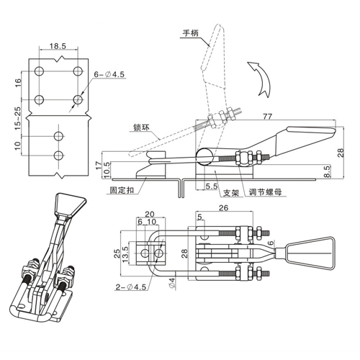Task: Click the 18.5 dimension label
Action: tap(58, 45)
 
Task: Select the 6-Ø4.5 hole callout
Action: tap(109, 74)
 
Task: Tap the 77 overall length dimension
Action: tap(268, 117)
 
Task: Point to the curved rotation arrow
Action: tap(261, 78)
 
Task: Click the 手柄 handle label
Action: tap(191, 33)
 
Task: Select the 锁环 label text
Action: tap(142, 127)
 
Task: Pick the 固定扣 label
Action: tap(122, 190)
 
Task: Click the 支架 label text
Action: tap(231, 193)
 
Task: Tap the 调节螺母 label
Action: tap(265, 192)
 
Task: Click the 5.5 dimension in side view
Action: tap(212, 186)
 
